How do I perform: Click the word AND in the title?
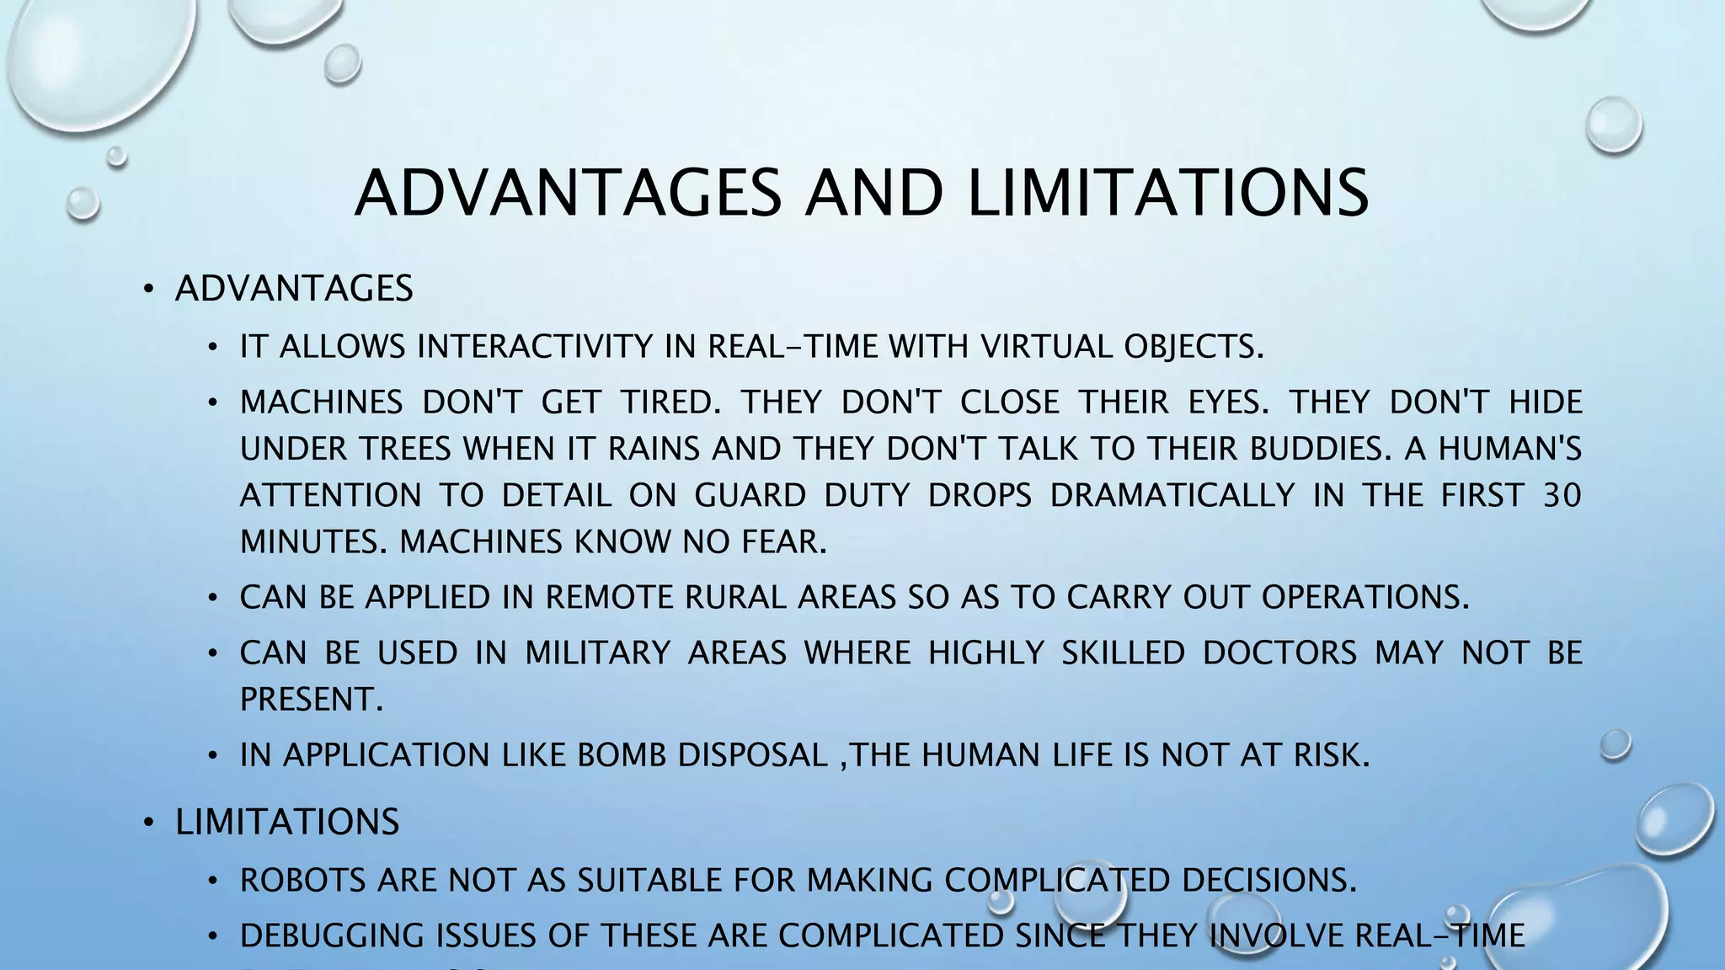coord(873,193)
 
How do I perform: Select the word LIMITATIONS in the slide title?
coord(1167,193)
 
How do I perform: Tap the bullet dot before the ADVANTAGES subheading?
coord(149,290)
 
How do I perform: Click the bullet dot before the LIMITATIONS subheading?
coord(149,823)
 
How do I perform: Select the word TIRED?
coord(670,402)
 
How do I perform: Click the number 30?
coord(1562,495)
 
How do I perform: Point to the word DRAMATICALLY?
coord(1172,495)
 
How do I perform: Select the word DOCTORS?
coord(1279,653)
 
